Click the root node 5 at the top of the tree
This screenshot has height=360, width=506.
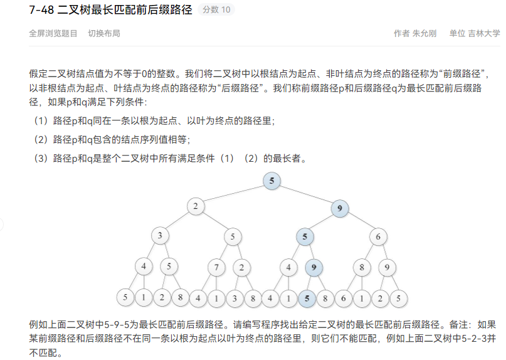click(x=271, y=181)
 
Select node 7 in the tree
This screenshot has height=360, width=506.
click(x=216, y=267)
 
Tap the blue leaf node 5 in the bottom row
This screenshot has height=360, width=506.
click(x=307, y=299)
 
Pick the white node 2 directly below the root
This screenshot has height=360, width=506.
click(x=196, y=206)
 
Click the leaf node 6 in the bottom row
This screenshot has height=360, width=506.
click(x=344, y=299)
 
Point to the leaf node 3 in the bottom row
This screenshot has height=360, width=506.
click(x=235, y=299)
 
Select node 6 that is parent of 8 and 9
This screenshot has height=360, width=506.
click(x=378, y=236)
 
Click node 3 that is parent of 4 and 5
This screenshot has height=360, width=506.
click(x=160, y=236)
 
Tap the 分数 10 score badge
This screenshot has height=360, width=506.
click(x=216, y=9)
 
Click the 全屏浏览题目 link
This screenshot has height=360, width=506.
click(x=53, y=34)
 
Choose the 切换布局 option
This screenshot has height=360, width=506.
click(x=104, y=34)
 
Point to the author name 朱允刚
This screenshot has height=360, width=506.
click(x=424, y=34)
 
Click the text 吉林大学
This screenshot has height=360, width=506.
click(x=484, y=34)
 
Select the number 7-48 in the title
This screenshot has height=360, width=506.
click(x=41, y=9)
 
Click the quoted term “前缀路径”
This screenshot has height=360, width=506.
click(x=463, y=74)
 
